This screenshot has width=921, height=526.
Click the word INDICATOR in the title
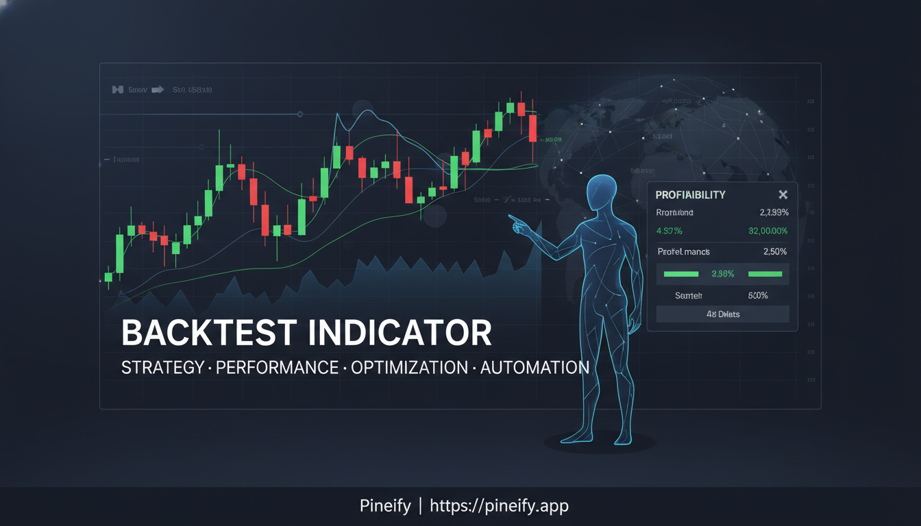(x=400, y=333)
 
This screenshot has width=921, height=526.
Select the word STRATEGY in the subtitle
(x=162, y=368)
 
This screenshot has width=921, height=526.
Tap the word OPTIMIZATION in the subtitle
(x=409, y=368)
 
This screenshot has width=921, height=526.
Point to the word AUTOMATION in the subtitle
(x=535, y=368)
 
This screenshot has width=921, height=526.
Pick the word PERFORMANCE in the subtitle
(x=277, y=368)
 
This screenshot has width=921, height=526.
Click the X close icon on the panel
(x=783, y=195)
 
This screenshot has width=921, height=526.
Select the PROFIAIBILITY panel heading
(x=690, y=195)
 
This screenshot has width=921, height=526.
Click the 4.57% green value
(x=669, y=231)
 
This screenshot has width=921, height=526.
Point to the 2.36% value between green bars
(x=722, y=274)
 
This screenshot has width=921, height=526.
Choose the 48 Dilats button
(x=722, y=314)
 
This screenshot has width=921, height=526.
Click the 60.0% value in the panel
(x=759, y=296)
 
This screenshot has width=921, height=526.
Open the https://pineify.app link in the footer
(x=499, y=506)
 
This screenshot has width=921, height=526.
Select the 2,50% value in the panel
(x=775, y=251)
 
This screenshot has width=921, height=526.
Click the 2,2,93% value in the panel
(x=774, y=213)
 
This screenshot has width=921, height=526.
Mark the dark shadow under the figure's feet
(x=600, y=443)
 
